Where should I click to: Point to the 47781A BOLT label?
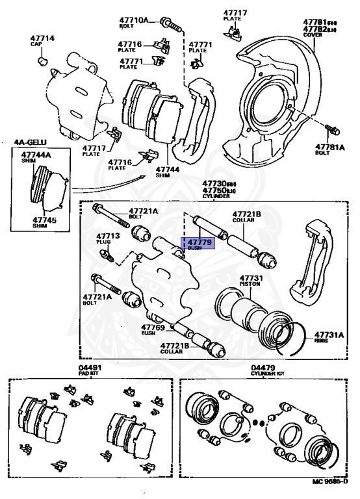pos(331,149)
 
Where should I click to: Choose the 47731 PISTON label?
pos(250,281)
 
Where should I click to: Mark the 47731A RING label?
pos(329,337)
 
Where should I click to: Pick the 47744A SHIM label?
pos(36,157)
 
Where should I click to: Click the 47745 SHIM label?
pos(43,222)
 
